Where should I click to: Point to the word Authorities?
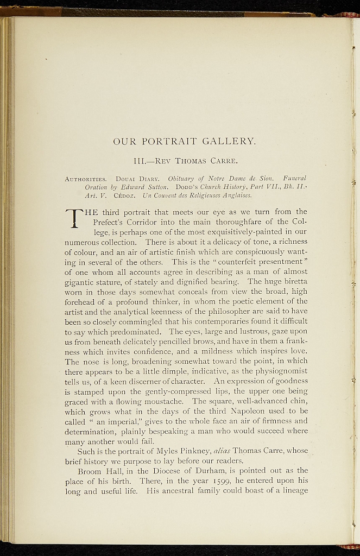[x=86, y=179]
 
